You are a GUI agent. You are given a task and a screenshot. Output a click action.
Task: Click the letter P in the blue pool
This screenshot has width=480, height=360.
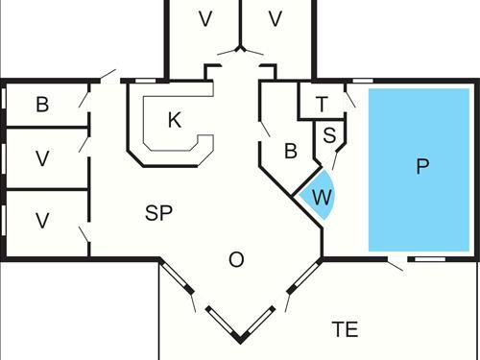point(421,167)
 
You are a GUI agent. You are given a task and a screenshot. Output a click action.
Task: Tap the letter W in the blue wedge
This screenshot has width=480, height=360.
point(323,198)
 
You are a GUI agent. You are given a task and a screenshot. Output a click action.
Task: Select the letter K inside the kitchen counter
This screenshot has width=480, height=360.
point(174,120)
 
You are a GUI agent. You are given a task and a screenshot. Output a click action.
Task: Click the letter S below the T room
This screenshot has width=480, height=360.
point(329,134)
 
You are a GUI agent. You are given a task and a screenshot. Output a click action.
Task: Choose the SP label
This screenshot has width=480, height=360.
point(158,213)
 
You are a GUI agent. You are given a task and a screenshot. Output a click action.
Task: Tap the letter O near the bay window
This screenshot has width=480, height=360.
point(236,259)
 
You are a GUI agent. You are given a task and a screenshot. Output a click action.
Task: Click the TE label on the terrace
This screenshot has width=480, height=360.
point(345,330)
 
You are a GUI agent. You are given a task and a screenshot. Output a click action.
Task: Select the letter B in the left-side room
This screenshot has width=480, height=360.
point(42,105)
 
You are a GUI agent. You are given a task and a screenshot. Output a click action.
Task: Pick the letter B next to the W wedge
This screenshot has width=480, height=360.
point(290,151)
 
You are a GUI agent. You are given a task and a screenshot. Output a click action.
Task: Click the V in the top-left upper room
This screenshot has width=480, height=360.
point(204,19)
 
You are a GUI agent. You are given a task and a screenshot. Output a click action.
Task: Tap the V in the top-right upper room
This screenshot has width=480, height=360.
point(276,19)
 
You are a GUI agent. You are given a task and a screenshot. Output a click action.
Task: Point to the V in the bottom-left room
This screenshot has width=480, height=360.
point(42,221)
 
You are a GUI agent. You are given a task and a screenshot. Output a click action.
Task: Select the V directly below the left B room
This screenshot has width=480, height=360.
point(42,157)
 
